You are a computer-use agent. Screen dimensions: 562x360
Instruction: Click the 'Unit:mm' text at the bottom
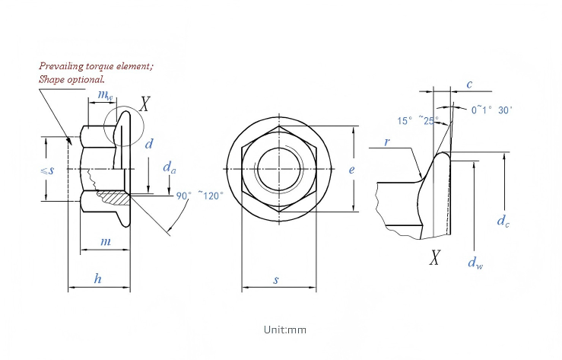point(285,330)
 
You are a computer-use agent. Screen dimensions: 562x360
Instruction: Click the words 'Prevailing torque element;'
point(96,66)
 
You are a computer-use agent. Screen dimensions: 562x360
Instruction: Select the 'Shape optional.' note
point(71,79)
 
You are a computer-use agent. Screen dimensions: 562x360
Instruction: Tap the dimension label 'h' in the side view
point(97,279)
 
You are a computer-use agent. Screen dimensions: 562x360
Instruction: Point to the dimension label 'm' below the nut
point(106,242)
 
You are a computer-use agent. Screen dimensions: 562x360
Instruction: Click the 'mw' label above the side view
point(105,94)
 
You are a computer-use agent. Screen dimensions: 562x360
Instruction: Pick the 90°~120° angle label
point(200,196)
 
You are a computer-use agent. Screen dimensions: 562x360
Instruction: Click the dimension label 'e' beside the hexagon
point(351,169)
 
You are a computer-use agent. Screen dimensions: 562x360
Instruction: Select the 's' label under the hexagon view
point(275,279)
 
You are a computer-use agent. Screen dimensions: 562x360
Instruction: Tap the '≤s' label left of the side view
point(47,170)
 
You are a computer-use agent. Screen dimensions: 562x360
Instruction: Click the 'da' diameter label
point(169,167)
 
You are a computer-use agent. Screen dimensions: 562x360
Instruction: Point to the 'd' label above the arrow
point(149,144)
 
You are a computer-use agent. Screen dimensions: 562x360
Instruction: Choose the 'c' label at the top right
point(469,84)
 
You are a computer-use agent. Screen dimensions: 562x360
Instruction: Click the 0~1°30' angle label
point(491,110)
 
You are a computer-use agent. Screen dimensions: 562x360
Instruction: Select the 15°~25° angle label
point(418,121)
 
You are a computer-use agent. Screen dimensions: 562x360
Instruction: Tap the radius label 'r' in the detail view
point(387,142)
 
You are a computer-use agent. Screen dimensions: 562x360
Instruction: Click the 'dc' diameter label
point(503,221)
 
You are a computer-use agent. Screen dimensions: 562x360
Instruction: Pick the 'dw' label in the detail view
point(475,263)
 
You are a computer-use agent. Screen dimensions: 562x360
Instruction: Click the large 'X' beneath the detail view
point(434,257)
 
